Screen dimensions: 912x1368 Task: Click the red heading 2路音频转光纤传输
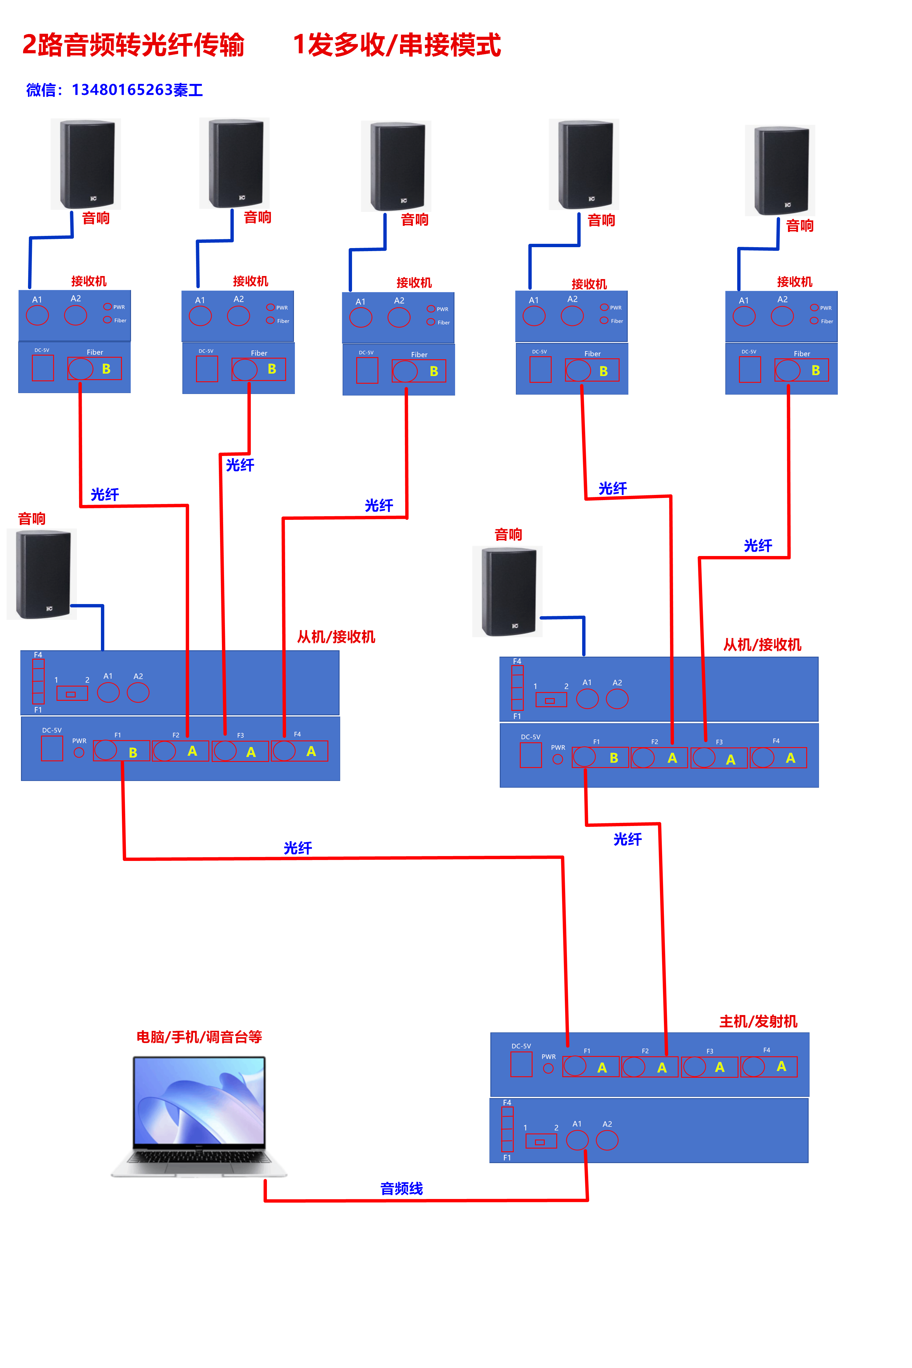[133, 45]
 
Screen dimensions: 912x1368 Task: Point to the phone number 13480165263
[122, 90]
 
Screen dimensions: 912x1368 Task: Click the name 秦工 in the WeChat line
[188, 90]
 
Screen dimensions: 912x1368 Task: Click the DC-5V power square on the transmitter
[521, 1064]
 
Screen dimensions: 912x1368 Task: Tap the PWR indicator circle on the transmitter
[548, 1069]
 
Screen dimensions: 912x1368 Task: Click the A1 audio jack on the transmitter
[577, 1140]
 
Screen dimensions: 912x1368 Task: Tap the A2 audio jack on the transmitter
[607, 1140]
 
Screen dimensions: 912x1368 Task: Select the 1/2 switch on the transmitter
[541, 1142]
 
